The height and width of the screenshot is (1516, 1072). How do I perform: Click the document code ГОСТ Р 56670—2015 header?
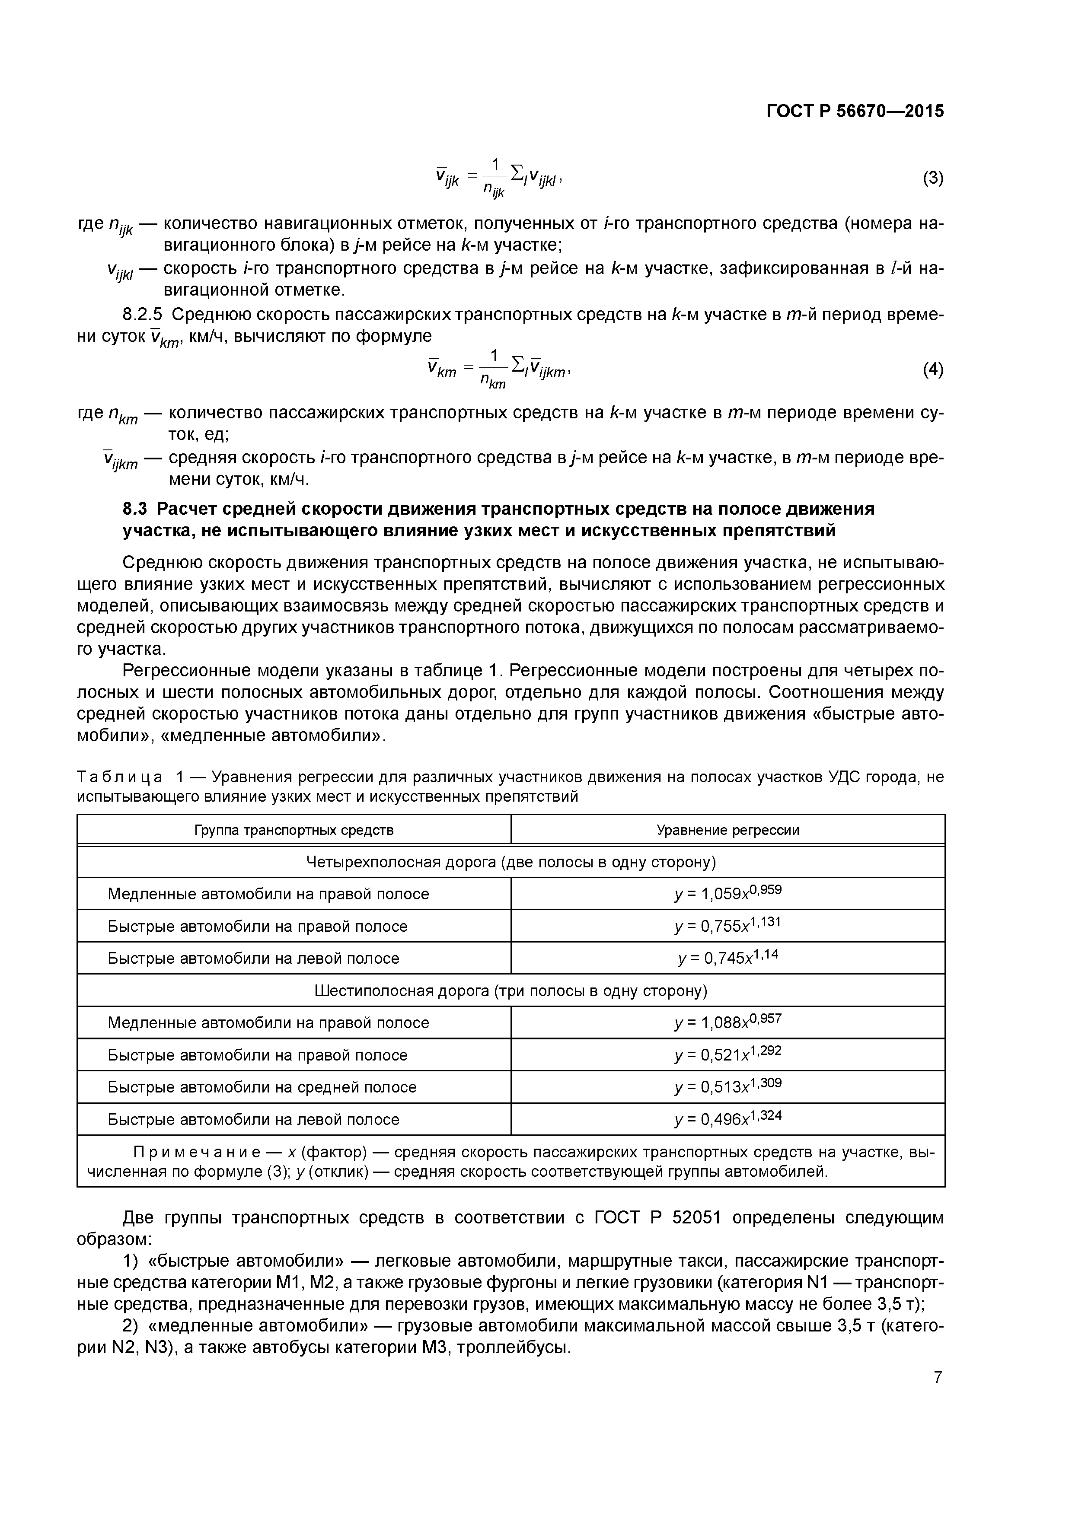[855, 111]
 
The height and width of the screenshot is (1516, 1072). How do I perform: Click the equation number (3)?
[932, 178]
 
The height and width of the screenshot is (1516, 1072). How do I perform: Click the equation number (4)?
[932, 370]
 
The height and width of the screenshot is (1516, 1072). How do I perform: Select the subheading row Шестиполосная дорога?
[510, 990]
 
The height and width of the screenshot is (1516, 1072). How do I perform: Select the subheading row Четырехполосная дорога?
[510, 862]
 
